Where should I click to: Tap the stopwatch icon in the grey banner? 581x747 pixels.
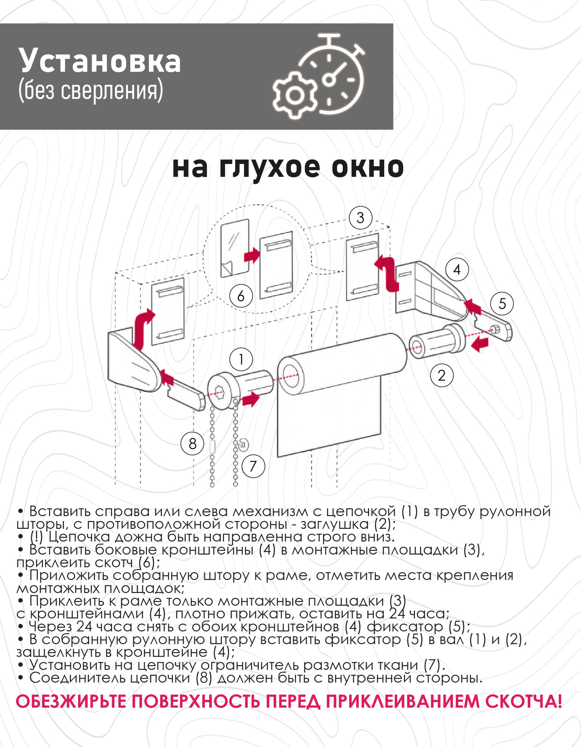pyautogui.click(x=336, y=75)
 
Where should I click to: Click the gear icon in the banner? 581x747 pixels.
pyautogui.click(x=295, y=95)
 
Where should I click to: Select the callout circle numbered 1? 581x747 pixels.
pyautogui.click(x=241, y=359)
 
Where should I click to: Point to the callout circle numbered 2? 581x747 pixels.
pyautogui.click(x=442, y=375)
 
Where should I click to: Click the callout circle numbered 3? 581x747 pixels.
pyautogui.click(x=360, y=218)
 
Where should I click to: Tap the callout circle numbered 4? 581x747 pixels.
pyautogui.click(x=457, y=270)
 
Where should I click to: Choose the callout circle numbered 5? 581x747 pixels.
pyautogui.click(x=502, y=303)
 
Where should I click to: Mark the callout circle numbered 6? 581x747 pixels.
pyautogui.click(x=241, y=296)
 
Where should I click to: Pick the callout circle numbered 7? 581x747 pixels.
pyautogui.click(x=253, y=466)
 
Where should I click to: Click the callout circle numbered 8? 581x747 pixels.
pyautogui.click(x=192, y=444)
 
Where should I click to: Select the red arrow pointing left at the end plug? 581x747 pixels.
pyautogui.click(x=479, y=344)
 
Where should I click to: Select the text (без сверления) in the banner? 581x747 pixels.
pyautogui.click(x=91, y=91)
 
